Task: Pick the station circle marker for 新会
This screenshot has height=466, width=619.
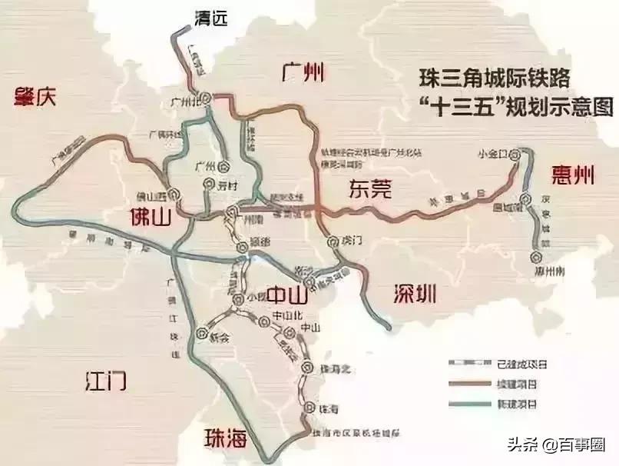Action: pyautogui.click(x=202, y=334)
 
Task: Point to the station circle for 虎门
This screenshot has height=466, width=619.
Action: pyautogui.click(x=333, y=240)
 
